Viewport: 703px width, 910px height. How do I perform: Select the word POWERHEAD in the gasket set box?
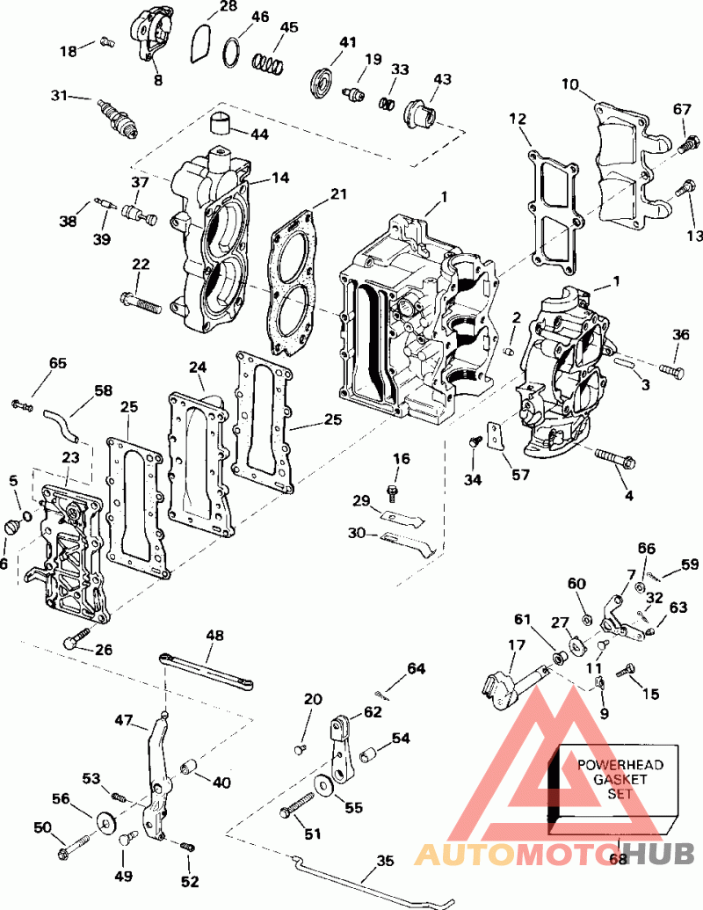[x=614, y=764]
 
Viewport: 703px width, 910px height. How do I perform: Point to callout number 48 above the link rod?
[x=215, y=635]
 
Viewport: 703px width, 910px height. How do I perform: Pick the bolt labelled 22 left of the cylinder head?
[x=141, y=302]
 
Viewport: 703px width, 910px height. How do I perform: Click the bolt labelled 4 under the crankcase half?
[x=620, y=459]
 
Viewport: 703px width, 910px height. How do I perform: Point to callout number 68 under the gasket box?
[x=619, y=858]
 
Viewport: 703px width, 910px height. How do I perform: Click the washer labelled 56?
[x=107, y=823]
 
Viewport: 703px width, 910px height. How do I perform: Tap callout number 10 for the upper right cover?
[x=571, y=85]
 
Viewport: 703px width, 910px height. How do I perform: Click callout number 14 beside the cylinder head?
[x=279, y=178]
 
